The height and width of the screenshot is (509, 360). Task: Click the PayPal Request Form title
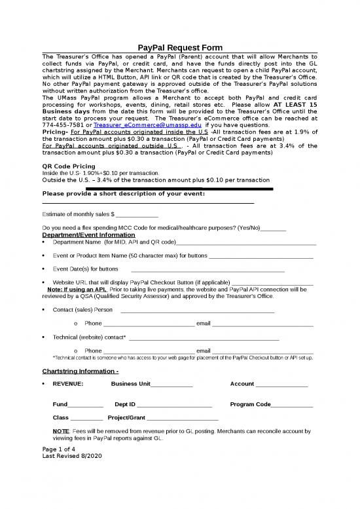[180, 48]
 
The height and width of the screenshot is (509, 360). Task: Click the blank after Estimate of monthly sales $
[137, 214]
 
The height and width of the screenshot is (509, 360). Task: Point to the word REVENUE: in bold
[68, 384]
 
